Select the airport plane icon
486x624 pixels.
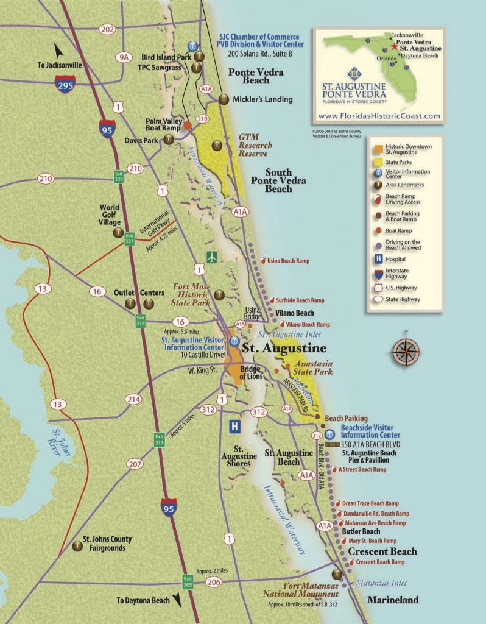pos(211,256)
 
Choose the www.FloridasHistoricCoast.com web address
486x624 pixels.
pos(379,116)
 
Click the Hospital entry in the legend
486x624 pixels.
pos(396,258)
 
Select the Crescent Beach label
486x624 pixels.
pos(382,551)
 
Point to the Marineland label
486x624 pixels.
pos(393,600)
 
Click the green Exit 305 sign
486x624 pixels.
pos(188,582)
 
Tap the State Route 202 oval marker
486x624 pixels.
pos(108,29)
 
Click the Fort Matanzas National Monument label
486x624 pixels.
pos(301,590)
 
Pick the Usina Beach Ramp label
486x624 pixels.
pos(288,261)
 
